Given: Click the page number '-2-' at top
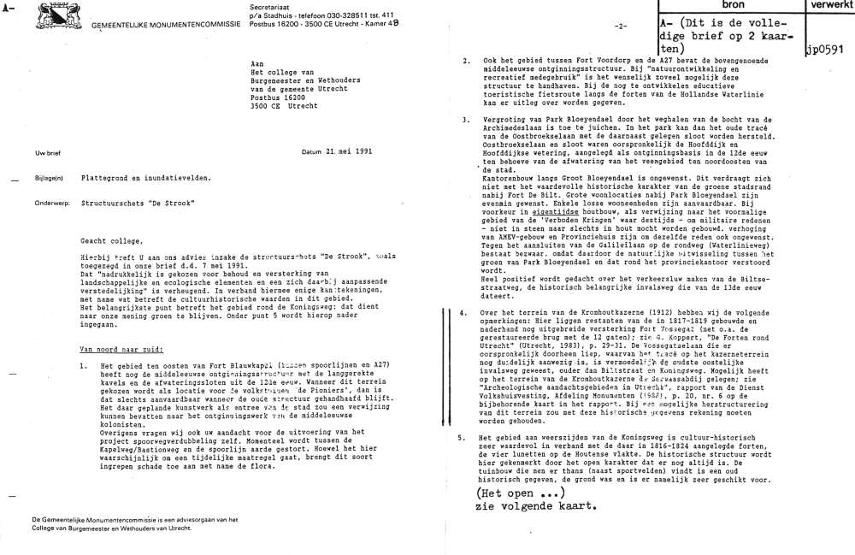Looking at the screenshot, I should click(622, 27).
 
